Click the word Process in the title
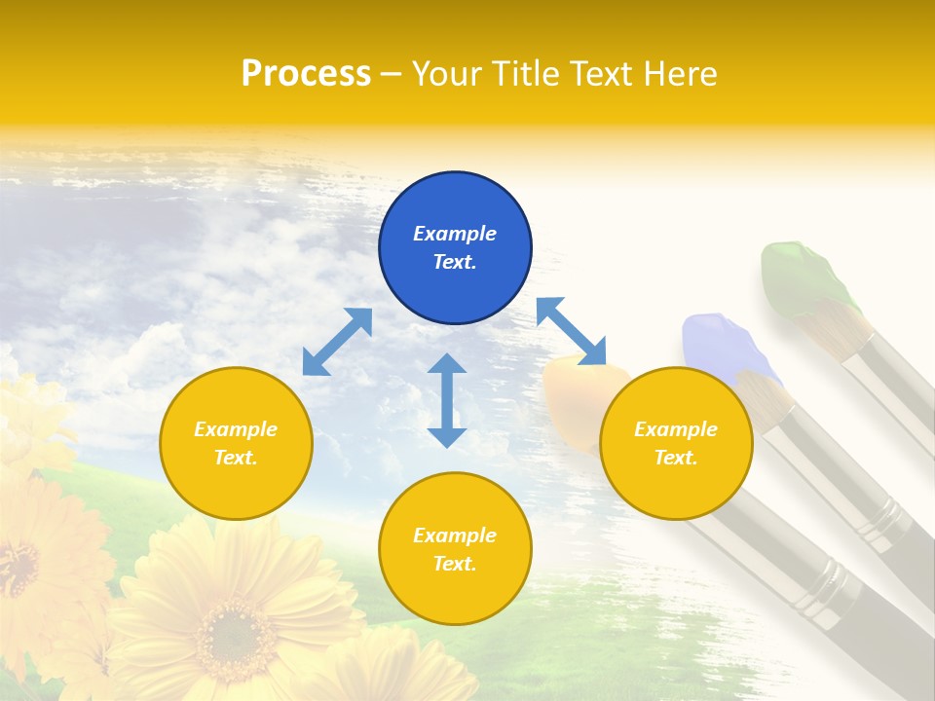point(306,74)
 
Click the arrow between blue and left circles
point(337,342)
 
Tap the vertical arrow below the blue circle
point(447,400)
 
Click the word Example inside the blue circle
point(455,234)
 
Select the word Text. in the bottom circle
point(455,564)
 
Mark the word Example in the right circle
point(676,429)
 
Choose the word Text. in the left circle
point(236,458)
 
